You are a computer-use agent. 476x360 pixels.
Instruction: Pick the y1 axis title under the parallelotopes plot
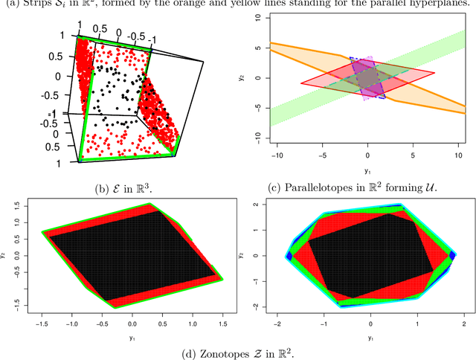[x=367, y=170]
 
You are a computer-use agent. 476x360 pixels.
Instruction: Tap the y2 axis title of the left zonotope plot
[x=7, y=254]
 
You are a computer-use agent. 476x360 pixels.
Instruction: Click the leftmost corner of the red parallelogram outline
[x=301, y=83]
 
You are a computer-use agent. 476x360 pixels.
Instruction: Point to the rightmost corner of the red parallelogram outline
[x=435, y=72]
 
